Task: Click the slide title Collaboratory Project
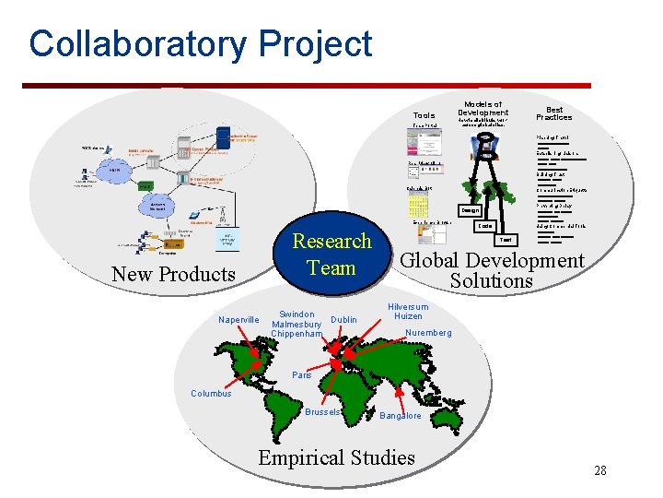[x=200, y=44]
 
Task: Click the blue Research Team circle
[x=331, y=254]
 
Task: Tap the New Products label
[x=173, y=274]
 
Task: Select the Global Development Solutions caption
[x=492, y=270]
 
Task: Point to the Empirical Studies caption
[x=336, y=457]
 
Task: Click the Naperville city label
[x=239, y=320]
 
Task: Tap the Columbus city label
[x=211, y=394]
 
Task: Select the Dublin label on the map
[x=343, y=320]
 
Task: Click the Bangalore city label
[x=401, y=416]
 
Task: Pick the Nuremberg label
[x=428, y=333]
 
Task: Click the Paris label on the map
[x=302, y=375]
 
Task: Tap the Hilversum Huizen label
[x=407, y=311]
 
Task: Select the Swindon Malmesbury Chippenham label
[x=297, y=324]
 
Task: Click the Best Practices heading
[x=553, y=113]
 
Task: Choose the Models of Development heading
[x=483, y=109]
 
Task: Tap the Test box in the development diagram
[x=506, y=239]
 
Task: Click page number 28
[x=599, y=471]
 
